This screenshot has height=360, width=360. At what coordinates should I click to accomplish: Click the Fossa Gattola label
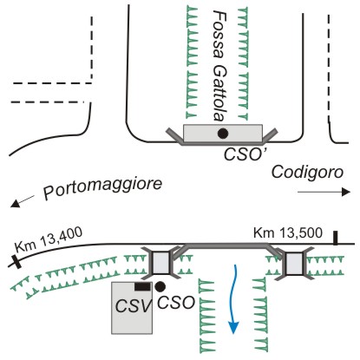click(219, 65)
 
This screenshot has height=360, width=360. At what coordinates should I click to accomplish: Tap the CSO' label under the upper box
click(241, 154)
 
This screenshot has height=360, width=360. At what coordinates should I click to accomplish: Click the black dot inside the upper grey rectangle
click(223, 134)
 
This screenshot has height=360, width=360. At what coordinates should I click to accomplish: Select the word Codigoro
click(307, 173)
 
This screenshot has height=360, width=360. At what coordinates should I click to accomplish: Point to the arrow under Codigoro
click(324, 192)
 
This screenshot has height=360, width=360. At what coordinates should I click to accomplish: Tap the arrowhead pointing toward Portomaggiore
click(15, 203)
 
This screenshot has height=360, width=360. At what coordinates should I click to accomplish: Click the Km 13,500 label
click(288, 233)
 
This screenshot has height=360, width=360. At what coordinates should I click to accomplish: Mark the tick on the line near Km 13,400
click(17, 262)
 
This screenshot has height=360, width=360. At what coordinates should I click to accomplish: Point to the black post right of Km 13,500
click(335, 238)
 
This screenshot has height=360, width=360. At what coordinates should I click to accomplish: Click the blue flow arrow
click(233, 298)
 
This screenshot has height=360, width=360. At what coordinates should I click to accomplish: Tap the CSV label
click(134, 305)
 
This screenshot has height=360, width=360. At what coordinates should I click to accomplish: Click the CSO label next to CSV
click(176, 303)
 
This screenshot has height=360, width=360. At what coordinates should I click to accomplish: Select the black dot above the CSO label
click(160, 286)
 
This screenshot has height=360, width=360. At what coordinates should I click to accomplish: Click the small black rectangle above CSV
click(142, 286)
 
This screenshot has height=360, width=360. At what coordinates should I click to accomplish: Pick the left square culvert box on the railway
click(160, 263)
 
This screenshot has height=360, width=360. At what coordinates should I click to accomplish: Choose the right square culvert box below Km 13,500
click(294, 263)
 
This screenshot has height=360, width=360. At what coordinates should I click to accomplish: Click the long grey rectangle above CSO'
click(223, 134)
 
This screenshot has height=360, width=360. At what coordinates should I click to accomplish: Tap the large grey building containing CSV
click(132, 308)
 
